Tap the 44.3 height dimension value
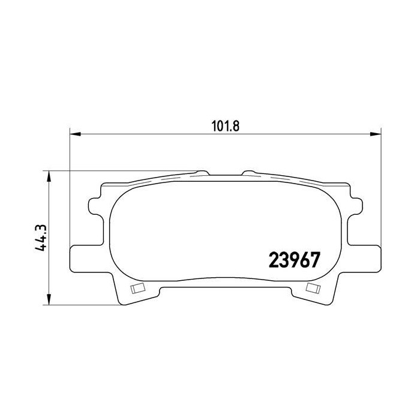coord(41,238)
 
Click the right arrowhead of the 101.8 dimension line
coord(377,134)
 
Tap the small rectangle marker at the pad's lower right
coord(312,288)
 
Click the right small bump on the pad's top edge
coord(248,172)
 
